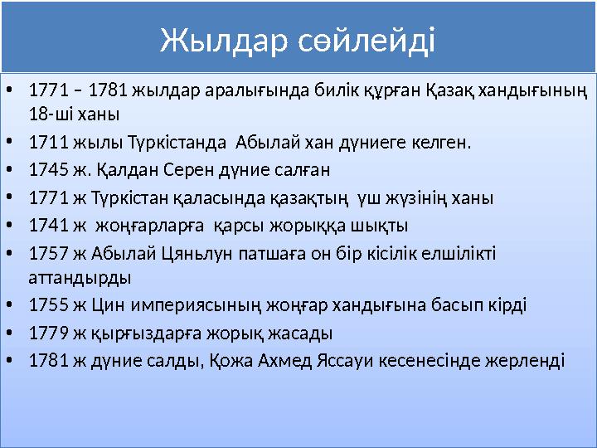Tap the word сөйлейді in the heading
[x=366, y=39]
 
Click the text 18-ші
[x=48, y=113]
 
